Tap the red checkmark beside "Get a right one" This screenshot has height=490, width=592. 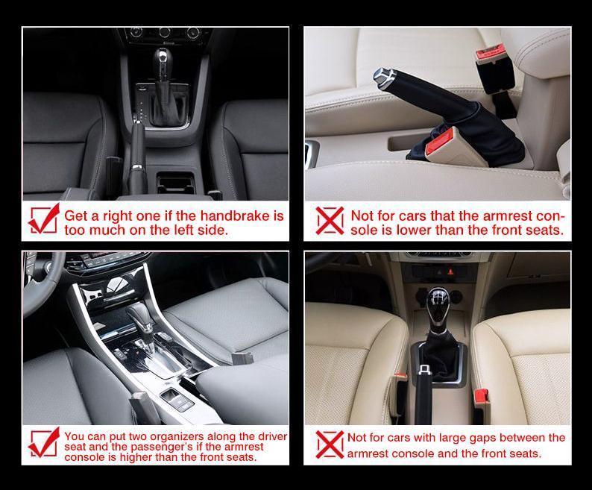coord(44,219)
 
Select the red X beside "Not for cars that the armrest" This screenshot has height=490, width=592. coord(330,220)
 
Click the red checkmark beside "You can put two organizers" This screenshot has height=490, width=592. coord(44,442)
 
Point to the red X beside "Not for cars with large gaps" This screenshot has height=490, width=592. coord(330,445)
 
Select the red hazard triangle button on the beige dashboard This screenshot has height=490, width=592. coord(450,271)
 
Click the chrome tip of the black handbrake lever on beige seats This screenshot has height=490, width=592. coord(383,78)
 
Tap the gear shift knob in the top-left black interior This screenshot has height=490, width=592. coord(163,60)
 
